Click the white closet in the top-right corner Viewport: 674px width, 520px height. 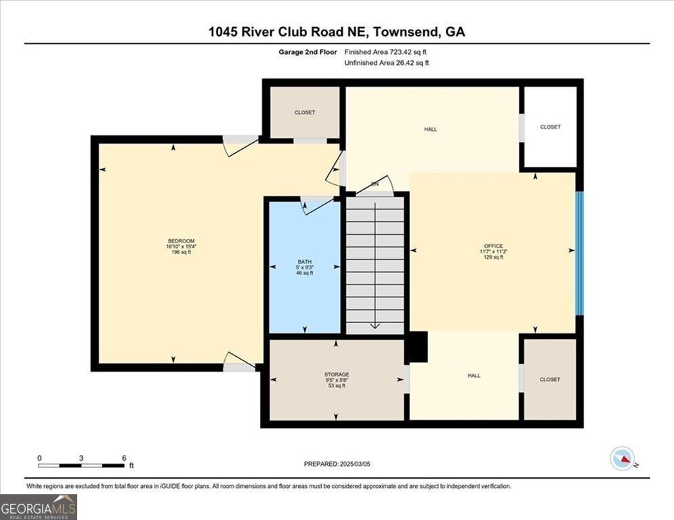click(550, 127)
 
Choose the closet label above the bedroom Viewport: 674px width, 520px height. click(305, 112)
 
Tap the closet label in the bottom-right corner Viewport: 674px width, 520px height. click(550, 379)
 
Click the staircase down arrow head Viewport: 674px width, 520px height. click(375, 326)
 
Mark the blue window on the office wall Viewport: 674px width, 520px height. click(579, 253)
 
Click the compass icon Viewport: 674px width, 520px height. click(623, 458)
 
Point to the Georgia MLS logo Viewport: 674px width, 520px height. click(39, 507)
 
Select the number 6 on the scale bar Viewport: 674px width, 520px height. click(124, 458)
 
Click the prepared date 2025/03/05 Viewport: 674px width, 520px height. click(355, 464)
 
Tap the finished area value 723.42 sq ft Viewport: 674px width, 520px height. click(408, 52)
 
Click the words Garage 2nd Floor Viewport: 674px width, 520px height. click(308, 52)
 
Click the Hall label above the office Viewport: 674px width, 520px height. click(430, 129)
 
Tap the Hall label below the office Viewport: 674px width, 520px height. click(473, 376)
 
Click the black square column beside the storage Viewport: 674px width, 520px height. click(417, 347)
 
